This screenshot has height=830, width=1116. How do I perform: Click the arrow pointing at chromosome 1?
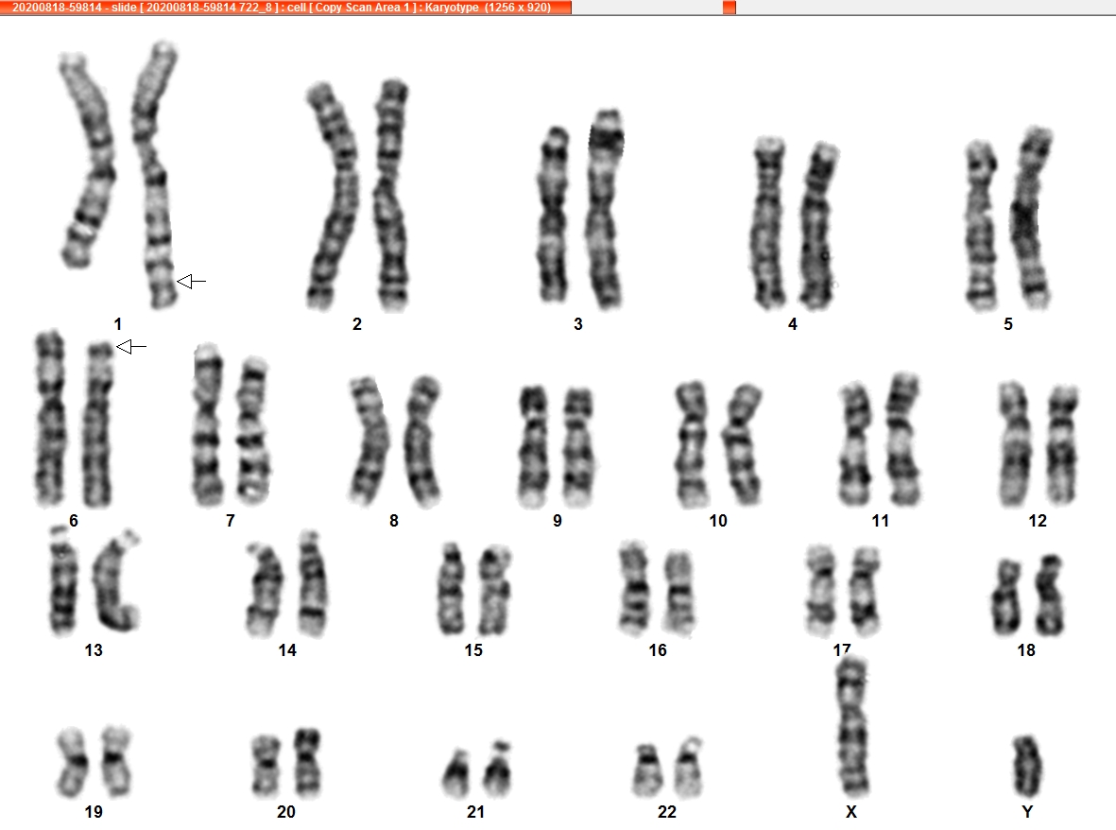point(191,282)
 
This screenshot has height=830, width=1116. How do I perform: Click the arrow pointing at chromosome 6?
point(131,347)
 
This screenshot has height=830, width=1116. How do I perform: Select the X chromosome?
point(852,726)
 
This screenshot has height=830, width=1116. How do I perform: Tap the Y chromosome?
point(1027,766)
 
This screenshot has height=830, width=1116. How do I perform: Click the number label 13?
point(94,649)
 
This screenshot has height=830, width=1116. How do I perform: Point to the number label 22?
point(667,811)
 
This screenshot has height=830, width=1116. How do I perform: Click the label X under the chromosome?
point(851,811)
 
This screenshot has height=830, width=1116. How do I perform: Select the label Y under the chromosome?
point(1027,811)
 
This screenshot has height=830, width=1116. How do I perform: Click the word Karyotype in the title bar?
point(452,8)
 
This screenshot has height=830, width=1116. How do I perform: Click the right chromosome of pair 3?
point(605,208)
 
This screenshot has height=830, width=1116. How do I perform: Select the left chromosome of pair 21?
point(456,774)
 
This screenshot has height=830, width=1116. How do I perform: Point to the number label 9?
point(558,521)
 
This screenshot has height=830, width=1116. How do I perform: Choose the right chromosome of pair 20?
point(307,762)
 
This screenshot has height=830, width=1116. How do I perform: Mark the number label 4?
point(793,324)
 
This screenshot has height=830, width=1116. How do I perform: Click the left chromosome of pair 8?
point(369,440)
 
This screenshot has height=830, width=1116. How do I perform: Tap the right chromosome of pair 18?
point(1049,596)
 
